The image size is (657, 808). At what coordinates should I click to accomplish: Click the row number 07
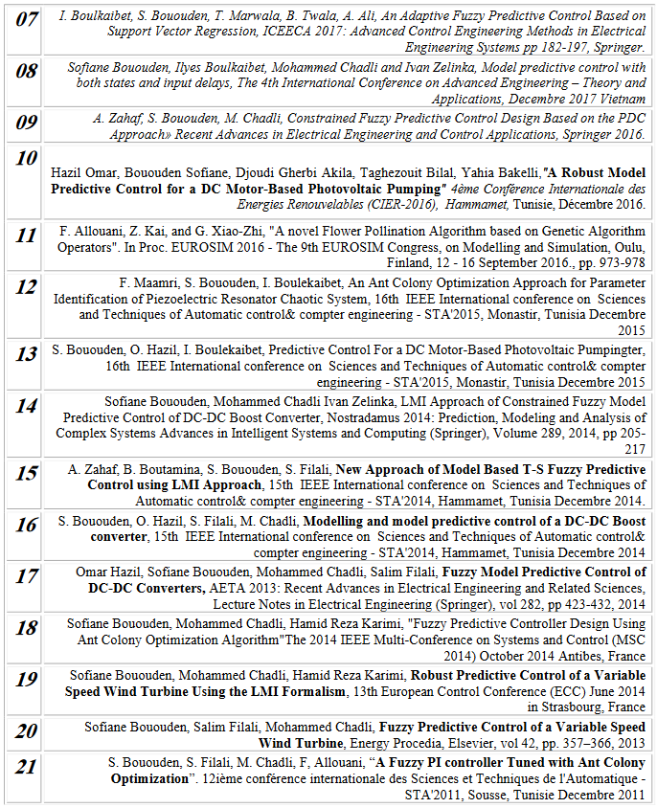pyautogui.click(x=27, y=19)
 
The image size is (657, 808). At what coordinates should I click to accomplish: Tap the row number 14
pyautogui.click(x=27, y=406)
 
